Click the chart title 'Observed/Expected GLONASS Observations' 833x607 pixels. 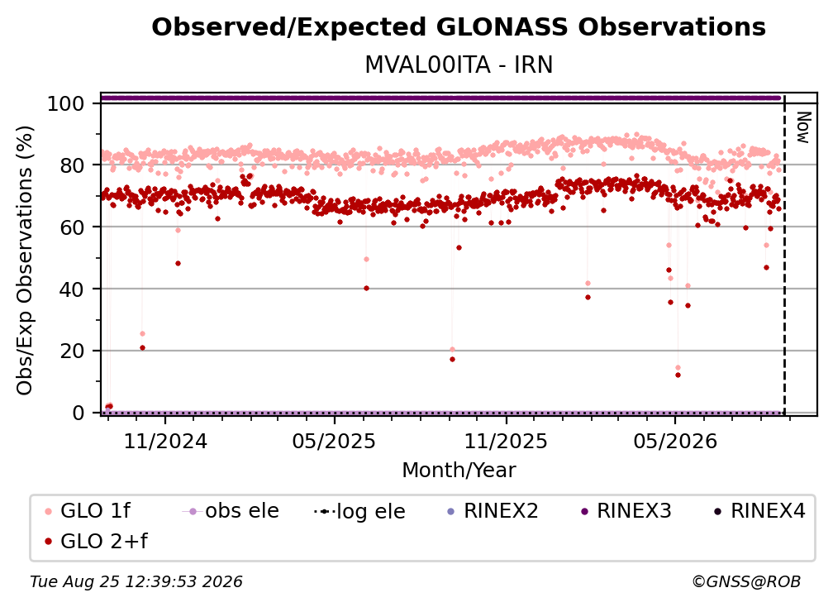[x=459, y=27]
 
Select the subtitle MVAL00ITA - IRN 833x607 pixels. [x=459, y=65]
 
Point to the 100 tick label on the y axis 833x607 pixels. [x=65, y=103]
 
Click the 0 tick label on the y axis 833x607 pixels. [x=79, y=413]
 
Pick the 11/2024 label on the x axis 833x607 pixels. [x=165, y=442]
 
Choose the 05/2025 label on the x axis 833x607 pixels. [x=334, y=442]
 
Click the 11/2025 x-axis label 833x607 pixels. [x=506, y=442]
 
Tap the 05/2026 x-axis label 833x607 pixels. [x=674, y=442]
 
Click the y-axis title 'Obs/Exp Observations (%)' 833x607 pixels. [x=25, y=260]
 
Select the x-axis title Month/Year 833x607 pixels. [x=459, y=471]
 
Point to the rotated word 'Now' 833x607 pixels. [x=803, y=127]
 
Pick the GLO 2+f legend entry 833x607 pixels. [x=97, y=542]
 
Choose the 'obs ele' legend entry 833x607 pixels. [x=231, y=511]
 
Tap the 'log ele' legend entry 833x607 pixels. [x=360, y=512]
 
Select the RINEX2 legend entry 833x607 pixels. [x=493, y=511]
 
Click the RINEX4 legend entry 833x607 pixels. [x=759, y=511]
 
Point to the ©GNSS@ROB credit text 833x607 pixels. [x=746, y=582]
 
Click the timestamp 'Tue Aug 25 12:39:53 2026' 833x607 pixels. [x=136, y=582]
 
